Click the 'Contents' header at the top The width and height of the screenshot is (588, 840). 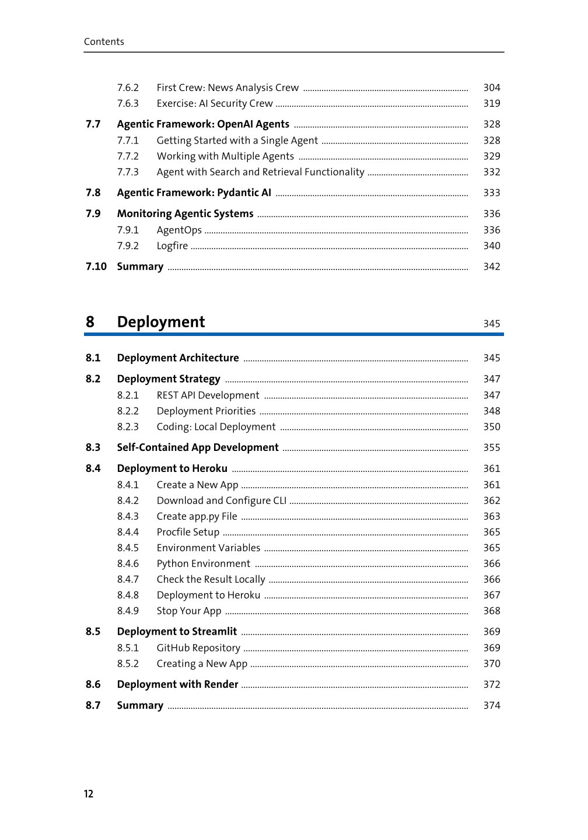click(104, 41)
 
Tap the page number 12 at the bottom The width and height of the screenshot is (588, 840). click(89, 794)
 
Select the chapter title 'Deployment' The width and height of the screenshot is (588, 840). click(161, 322)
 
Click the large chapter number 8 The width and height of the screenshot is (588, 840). click(90, 322)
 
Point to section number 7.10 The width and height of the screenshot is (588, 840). click(96, 267)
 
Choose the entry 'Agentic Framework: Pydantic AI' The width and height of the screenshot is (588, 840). click(194, 192)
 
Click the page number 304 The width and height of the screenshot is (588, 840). click(491, 87)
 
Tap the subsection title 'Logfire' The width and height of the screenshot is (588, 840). click(172, 246)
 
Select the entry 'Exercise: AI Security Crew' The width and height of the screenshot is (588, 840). click(215, 103)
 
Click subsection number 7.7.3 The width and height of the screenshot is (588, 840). click(128, 172)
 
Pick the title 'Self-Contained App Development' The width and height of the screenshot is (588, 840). click(198, 447)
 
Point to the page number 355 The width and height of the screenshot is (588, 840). click(491, 447)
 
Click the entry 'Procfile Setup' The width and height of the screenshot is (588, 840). click(188, 532)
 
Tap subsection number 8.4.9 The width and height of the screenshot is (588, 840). click(128, 611)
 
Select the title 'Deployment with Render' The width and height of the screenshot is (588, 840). click(177, 684)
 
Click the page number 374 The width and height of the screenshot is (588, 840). click(491, 705)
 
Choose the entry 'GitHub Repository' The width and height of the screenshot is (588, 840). click(198, 647)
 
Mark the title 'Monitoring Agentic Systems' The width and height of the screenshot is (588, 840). click(185, 213)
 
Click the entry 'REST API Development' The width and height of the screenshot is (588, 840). click(208, 395)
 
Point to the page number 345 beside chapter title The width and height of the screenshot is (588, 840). click(491, 324)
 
